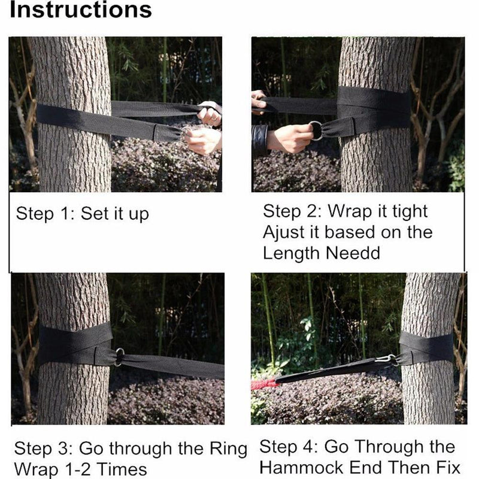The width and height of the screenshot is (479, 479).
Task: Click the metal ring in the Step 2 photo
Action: (316, 130)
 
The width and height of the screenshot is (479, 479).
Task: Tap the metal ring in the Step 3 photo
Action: (119, 357)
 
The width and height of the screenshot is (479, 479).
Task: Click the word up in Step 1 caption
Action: (139, 214)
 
